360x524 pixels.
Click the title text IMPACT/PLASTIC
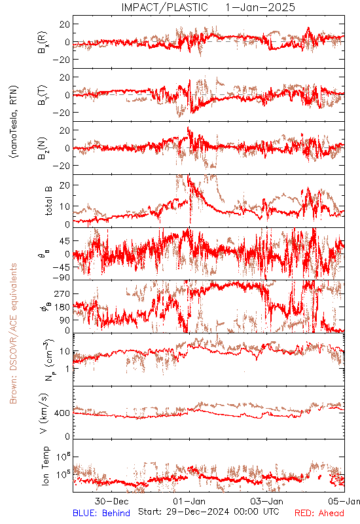pos(165,7)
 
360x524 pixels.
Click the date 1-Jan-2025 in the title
pos(260,7)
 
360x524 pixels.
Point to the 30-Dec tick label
pos(111,501)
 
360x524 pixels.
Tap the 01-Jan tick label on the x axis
pos(189,501)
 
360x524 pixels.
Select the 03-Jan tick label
pos(267,501)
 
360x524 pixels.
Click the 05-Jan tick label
pos(344,501)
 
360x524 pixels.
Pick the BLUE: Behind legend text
pos(101,513)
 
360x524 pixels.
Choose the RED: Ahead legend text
pos(319,513)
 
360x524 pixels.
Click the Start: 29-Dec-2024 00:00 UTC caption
pos(209,512)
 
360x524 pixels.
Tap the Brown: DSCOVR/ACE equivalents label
pos(13,333)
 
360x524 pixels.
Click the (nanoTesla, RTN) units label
pos(14,122)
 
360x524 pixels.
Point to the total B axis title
pos(48,201)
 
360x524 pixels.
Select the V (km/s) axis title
pos(44,413)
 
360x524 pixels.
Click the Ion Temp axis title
pos(45,466)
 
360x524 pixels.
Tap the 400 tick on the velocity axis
pos(62,413)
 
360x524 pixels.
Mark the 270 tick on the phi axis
pos(62,293)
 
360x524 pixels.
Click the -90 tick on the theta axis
pos(61,278)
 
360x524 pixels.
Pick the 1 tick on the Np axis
pos(67,369)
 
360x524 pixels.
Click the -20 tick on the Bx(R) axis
pos(61,60)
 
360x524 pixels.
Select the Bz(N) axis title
pos(43,148)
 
